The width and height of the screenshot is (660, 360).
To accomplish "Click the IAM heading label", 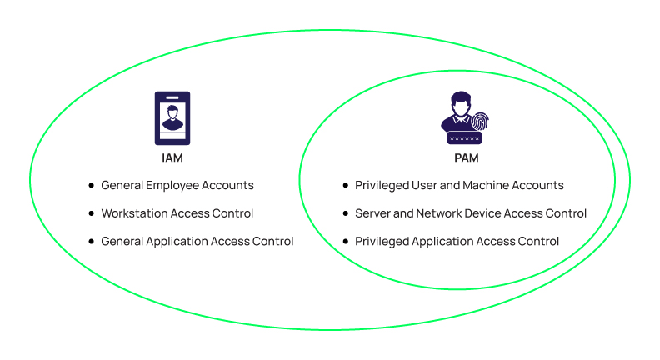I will coord(172,157).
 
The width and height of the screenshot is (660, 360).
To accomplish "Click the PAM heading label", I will coord(467,157).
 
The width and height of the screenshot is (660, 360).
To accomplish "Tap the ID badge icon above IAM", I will coord(172,118).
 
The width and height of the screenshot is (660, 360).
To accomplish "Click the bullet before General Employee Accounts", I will coord(92,186).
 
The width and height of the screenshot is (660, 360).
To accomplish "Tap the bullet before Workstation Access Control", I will coord(92,214).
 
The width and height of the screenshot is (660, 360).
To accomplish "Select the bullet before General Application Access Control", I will coord(92,242).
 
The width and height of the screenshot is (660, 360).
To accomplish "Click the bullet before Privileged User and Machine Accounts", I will coord(346,186).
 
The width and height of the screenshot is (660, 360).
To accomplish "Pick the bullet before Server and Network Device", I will coord(346,214).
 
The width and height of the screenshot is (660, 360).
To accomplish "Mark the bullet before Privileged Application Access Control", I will coord(346,242).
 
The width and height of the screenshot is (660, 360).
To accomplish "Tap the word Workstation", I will coord(135,213).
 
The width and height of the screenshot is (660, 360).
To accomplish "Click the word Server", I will coord(372,213).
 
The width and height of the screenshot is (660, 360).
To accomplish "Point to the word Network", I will coord(438,213).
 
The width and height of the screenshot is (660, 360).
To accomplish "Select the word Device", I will coord(487,213).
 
